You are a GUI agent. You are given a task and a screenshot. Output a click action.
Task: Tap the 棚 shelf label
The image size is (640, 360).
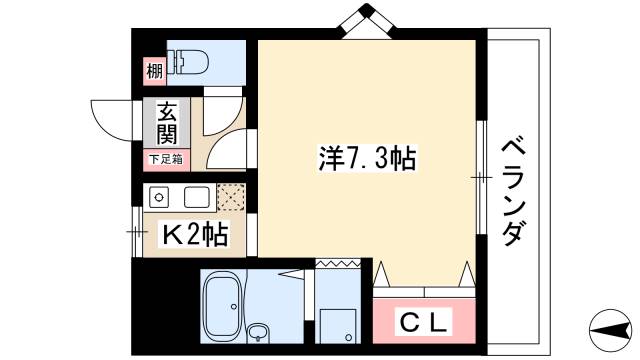click(x=154, y=71)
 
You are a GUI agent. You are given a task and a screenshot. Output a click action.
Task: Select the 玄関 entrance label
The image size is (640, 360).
click(x=165, y=125)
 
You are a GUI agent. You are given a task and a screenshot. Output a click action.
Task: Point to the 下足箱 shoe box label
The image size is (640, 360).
click(x=165, y=158)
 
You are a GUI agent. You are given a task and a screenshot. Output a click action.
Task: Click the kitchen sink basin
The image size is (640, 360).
click(x=194, y=196)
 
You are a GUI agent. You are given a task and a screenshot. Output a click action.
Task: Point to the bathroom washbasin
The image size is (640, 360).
click(x=260, y=333)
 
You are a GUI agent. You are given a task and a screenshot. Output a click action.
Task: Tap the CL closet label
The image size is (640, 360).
click(x=426, y=323)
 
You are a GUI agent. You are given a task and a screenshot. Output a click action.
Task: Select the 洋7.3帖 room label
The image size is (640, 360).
click(x=367, y=157)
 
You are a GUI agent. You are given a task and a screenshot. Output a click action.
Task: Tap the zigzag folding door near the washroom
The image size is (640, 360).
click(x=337, y=264)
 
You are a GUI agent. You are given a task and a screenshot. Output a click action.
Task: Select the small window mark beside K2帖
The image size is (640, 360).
click(x=136, y=231)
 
